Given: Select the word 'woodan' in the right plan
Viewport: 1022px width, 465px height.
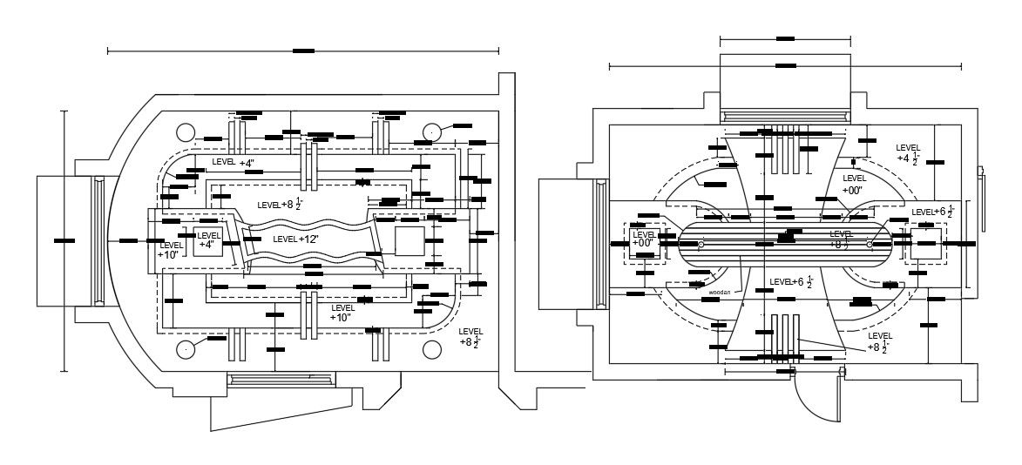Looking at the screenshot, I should pyautogui.click(x=719, y=293).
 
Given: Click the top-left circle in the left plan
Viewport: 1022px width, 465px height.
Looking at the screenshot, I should pyautogui.click(x=185, y=132).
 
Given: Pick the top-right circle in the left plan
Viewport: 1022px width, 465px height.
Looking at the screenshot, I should pyautogui.click(x=432, y=132).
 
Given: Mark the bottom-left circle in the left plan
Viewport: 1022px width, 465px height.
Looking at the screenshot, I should pyautogui.click(x=185, y=349).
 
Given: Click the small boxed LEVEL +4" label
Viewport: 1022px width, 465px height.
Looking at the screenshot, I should pyautogui.click(x=208, y=240).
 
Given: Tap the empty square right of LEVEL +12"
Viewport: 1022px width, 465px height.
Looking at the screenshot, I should pyautogui.click(x=409, y=240).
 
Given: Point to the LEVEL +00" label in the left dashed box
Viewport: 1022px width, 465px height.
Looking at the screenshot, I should pyautogui.click(x=645, y=239).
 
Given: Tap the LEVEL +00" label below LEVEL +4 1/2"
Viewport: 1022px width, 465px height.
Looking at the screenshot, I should pyautogui.click(x=853, y=184).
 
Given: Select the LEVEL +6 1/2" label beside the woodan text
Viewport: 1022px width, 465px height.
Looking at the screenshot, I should pyautogui.click(x=791, y=282).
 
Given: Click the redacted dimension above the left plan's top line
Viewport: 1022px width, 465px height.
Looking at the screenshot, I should pyautogui.click(x=303, y=51).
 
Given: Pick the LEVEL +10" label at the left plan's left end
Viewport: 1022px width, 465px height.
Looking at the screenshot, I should pyautogui.click(x=169, y=250).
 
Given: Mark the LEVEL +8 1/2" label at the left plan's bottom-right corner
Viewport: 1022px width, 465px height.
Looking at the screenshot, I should pyautogui.click(x=471, y=337).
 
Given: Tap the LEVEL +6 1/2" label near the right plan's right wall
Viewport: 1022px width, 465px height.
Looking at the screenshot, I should pyautogui.click(x=933, y=212).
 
